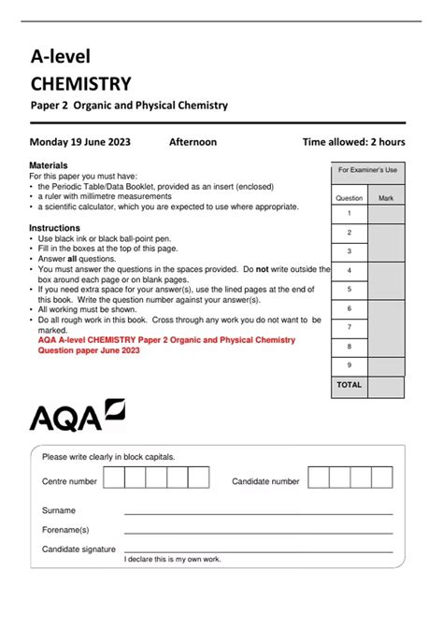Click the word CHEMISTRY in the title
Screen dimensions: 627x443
point(80,84)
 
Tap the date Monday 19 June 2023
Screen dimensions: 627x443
point(80,142)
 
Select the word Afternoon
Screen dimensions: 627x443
point(193,142)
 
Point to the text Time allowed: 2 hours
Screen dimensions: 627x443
point(353,142)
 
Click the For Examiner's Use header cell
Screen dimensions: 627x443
point(367,170)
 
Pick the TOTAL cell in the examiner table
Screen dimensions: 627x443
point(349,385)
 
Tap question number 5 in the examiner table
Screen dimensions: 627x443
point(349,290)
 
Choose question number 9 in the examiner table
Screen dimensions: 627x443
point(349,365)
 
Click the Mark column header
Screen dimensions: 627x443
point(386,198)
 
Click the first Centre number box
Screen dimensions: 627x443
point(113,478)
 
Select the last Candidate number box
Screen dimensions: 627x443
point(383,478)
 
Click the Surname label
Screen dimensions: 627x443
point(59,510)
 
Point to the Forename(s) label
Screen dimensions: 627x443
point(65,530)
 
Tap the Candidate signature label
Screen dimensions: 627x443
point(79,549)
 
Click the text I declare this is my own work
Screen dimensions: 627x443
point(172,560)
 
